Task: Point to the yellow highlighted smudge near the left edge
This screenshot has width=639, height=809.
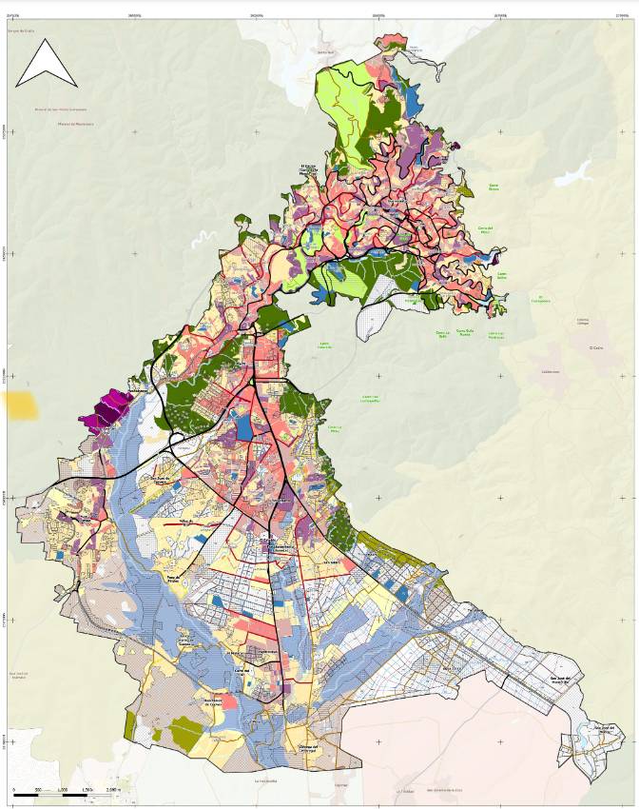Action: coord(22,406)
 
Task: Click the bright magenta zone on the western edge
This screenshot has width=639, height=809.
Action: coord(106,412)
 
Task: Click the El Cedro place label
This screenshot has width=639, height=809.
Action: coord(597,347)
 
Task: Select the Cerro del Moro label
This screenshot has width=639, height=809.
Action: coord(486,228)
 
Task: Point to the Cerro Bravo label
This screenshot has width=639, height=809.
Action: coord(494,187)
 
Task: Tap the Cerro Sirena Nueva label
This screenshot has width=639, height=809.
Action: coord(463,333)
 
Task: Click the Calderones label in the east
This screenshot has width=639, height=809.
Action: coord(550,372)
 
